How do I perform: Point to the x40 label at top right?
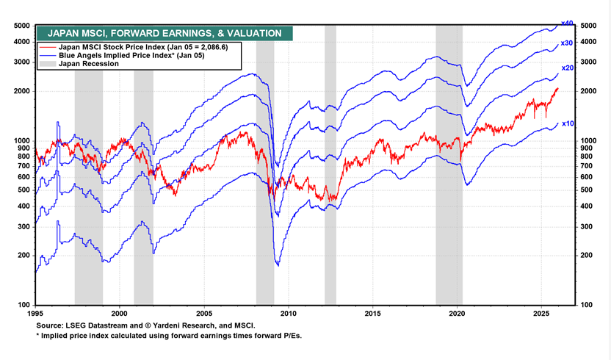pos(566,24)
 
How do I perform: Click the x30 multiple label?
pos(566,43)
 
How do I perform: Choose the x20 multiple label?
pos(567,68)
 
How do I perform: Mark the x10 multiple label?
pos(567,123)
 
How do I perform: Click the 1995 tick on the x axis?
pos(35,312)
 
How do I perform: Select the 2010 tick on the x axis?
pos(289,312)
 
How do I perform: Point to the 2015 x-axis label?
pos(373,312)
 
